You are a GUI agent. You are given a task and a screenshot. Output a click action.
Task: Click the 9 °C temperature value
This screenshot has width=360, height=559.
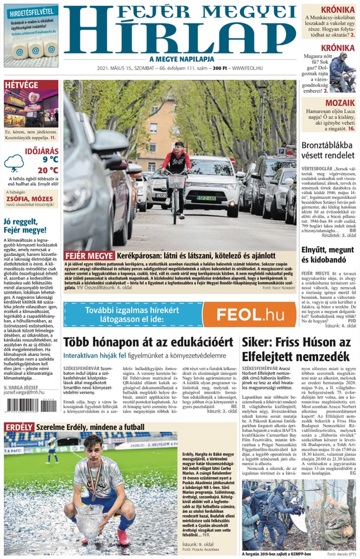(50, 159)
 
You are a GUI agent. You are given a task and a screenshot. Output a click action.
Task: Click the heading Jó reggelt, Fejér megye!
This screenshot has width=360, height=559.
(24, 225)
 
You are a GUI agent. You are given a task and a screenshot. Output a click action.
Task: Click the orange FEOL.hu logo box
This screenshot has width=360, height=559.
(254, 314)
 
